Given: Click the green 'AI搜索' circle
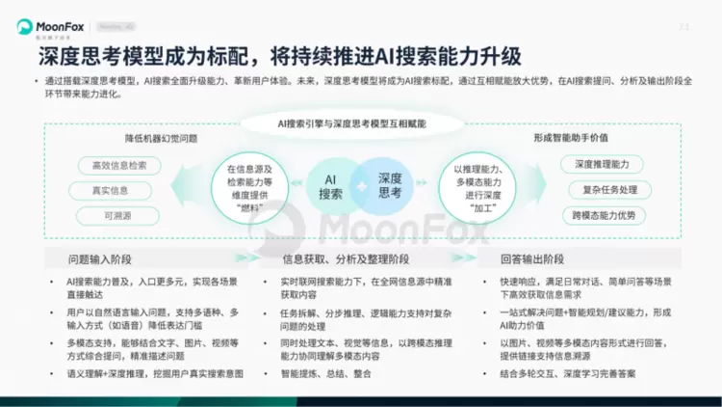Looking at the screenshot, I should click(330, 184).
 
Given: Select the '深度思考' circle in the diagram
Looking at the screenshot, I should click(389, 184).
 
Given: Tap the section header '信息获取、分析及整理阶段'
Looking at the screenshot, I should click(346, 258).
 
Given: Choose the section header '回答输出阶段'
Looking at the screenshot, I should click(530, 258).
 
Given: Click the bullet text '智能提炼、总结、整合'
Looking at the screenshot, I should click(328, 372).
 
